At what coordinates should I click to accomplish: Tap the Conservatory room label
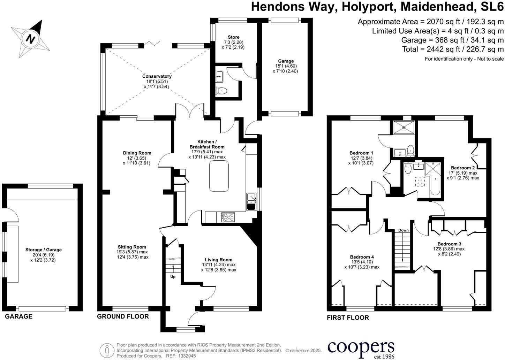(x=157, y=76)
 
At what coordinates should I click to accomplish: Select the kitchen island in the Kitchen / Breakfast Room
(x=219, y=177)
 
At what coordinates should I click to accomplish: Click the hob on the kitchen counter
(x=228, y=217)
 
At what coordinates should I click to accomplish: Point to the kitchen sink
(x=251, y=202)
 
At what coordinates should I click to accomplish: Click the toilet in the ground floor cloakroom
(x=222, y=91)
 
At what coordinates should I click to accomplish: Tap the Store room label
(x=233, y=37)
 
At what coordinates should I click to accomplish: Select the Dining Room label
(x=137, y=153)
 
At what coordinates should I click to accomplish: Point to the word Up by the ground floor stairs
(x=173, y=277)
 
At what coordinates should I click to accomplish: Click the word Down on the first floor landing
(x=403, y=230)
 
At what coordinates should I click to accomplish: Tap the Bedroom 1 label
(x=361, y=153)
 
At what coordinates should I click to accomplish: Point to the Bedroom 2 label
(x=463, y=168)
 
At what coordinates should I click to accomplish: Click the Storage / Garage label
(x=43, y=250)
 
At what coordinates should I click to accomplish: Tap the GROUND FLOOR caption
(x=123, y=316)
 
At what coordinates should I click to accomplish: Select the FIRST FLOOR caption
(x=348, y=317)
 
